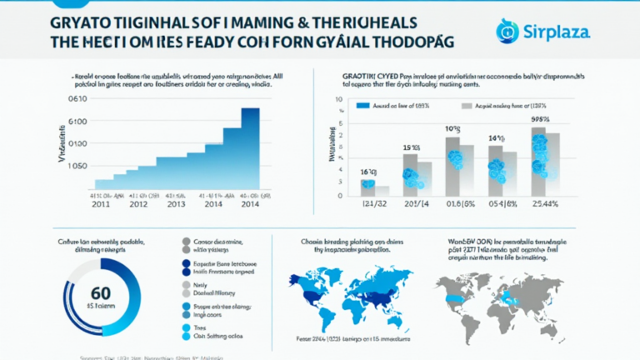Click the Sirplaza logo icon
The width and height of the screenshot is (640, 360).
tap(507, 31)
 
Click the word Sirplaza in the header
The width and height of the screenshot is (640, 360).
tap(558, 32)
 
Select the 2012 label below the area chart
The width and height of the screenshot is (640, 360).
tap(137, 202)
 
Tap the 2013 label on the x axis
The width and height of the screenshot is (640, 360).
tap(177, 202)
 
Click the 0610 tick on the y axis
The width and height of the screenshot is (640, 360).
tap(77, 98)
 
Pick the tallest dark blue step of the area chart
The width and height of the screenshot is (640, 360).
tap(250, 142)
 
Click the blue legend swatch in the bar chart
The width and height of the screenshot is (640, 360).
tap(363, 107)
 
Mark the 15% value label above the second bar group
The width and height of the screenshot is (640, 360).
tap(411, 148)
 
